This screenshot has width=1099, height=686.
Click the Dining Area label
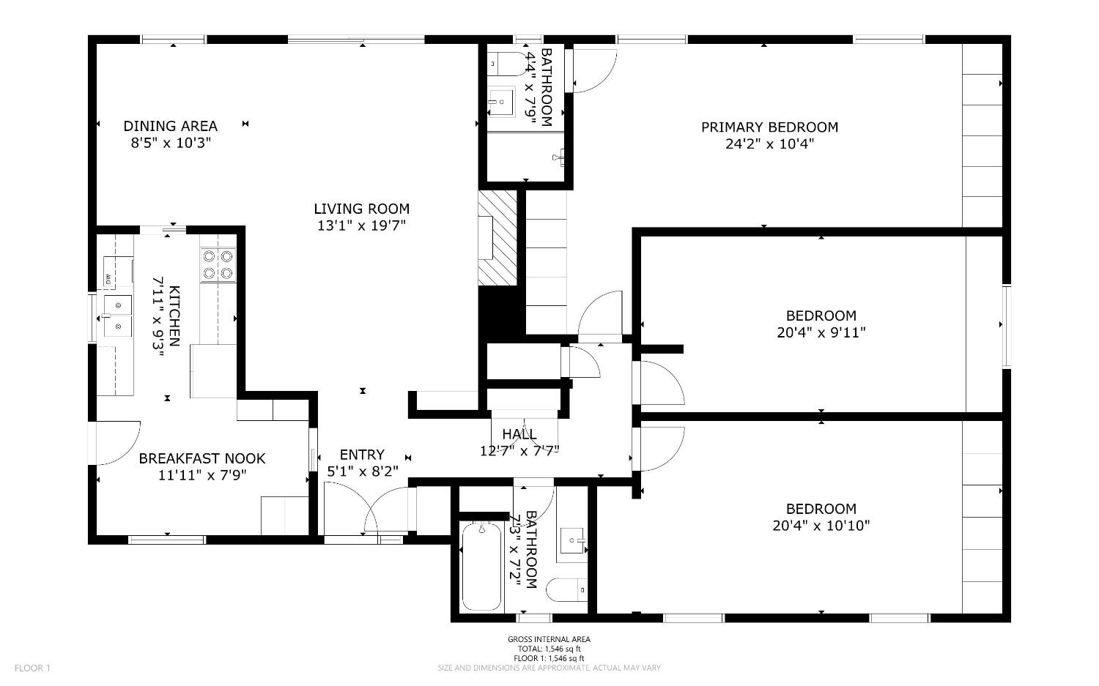(x=170, y=126)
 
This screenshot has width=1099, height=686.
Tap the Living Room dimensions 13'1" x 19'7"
(x=361, y=226)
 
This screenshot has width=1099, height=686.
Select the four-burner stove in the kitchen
(x=218, y=264)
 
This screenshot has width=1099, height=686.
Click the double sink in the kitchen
(x=116, y=315)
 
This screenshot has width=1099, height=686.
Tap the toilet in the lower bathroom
(x=567, y=589)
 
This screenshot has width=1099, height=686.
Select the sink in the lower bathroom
(x=572, y=541)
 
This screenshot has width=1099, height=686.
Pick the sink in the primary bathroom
(x=502, y=101)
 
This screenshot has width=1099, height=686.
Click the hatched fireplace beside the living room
(x=497, y=238)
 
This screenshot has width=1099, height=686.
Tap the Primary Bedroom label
(x=769, y=127)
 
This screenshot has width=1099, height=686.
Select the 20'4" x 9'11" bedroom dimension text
(x=821, y=332)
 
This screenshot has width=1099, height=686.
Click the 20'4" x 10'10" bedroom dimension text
(x=821, y=525)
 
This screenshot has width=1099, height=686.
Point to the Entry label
(x=361, y=455)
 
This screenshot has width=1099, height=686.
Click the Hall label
(x=519, y=434)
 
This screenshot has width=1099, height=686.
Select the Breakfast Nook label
(x=202, y=458)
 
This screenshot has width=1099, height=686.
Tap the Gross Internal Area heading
(x=549, y=639)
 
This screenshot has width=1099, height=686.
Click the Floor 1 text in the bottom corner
(x=32, y=668)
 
